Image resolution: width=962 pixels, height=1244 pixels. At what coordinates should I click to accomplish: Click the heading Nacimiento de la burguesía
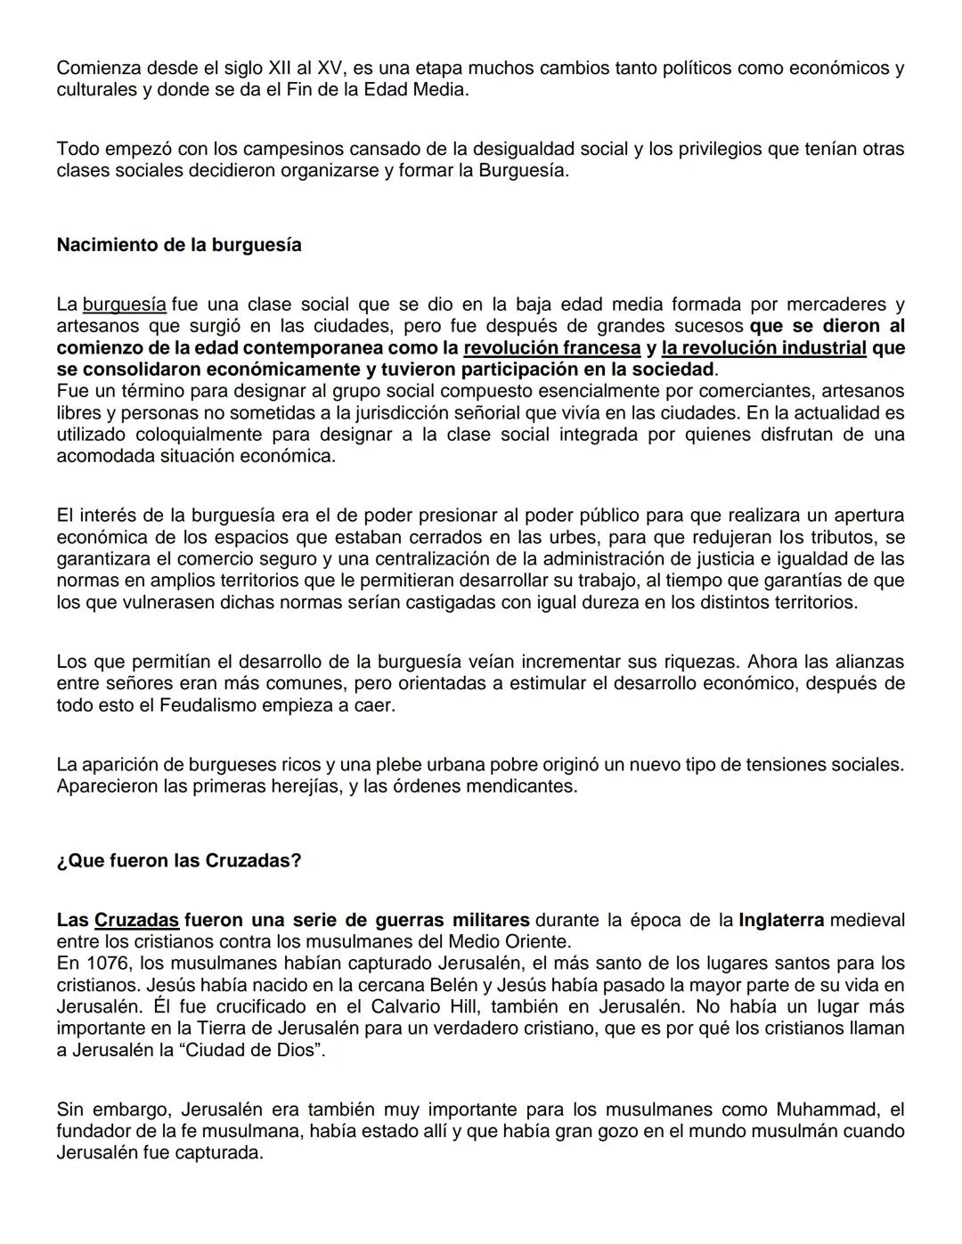(x=179, y=245)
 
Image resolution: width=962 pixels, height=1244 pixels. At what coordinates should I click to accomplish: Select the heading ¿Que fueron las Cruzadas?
(x=179, y=861)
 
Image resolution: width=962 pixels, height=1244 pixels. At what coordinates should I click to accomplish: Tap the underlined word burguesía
(x=124, y=305)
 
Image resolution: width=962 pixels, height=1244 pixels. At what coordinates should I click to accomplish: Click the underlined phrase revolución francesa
(x=551, y=347)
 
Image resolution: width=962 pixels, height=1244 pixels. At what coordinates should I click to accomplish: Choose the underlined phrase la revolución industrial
(x=763, y=347)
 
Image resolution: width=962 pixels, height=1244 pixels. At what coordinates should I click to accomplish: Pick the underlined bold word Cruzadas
(x=136, y=920)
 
